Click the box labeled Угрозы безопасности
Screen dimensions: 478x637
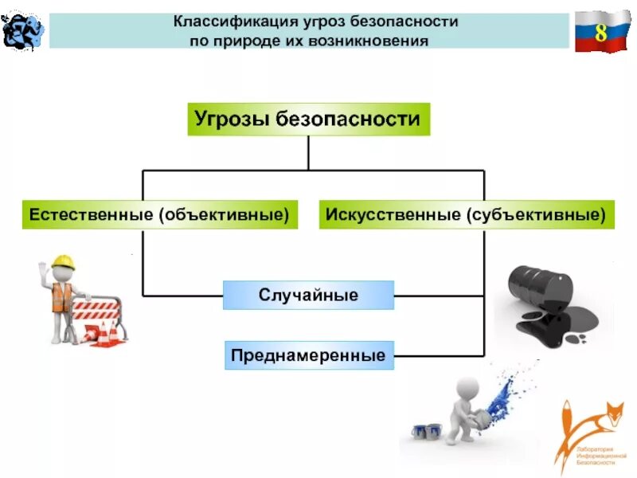coord(308,119)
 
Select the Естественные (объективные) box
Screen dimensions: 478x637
coord(158,214)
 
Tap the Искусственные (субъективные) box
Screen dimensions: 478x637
coord(467,214)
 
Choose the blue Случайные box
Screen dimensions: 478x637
coord(308,295)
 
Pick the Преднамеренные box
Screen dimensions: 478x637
coord(308,355)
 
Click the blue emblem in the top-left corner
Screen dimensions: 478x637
coord(21,29)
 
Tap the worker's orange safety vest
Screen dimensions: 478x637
coord(61,296)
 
